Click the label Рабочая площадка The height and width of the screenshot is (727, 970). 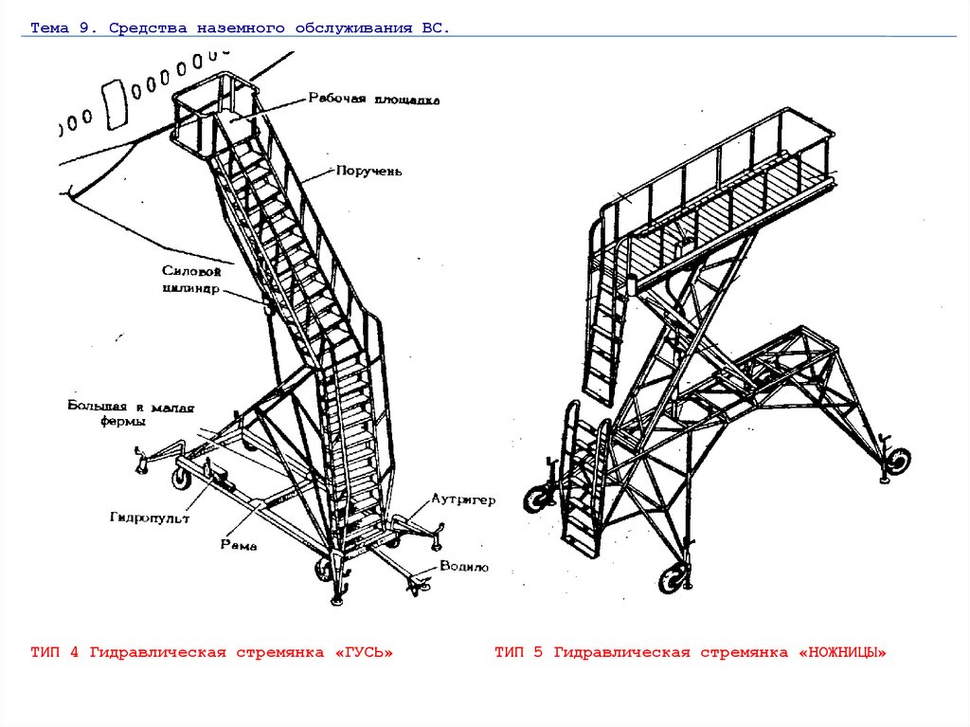[372, 99]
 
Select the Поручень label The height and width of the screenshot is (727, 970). [369, 172]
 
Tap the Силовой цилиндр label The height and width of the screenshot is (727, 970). [191, 281]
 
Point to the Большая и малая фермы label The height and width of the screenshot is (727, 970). [131, 414]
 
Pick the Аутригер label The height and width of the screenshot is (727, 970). [463, 499]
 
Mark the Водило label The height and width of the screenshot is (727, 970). [463, 567]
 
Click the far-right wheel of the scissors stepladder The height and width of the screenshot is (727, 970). [896, 462]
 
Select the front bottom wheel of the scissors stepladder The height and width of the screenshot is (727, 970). [675, 576]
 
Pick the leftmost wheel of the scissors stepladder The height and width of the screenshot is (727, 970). [539, 497]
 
